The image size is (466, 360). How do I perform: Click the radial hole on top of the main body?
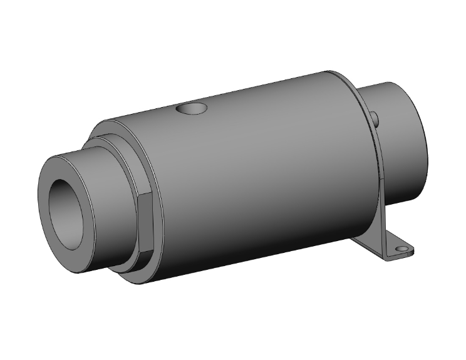pos(192,109)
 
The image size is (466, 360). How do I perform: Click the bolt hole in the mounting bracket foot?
pos(400,249)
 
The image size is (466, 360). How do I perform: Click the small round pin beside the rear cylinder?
pos(375,118)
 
